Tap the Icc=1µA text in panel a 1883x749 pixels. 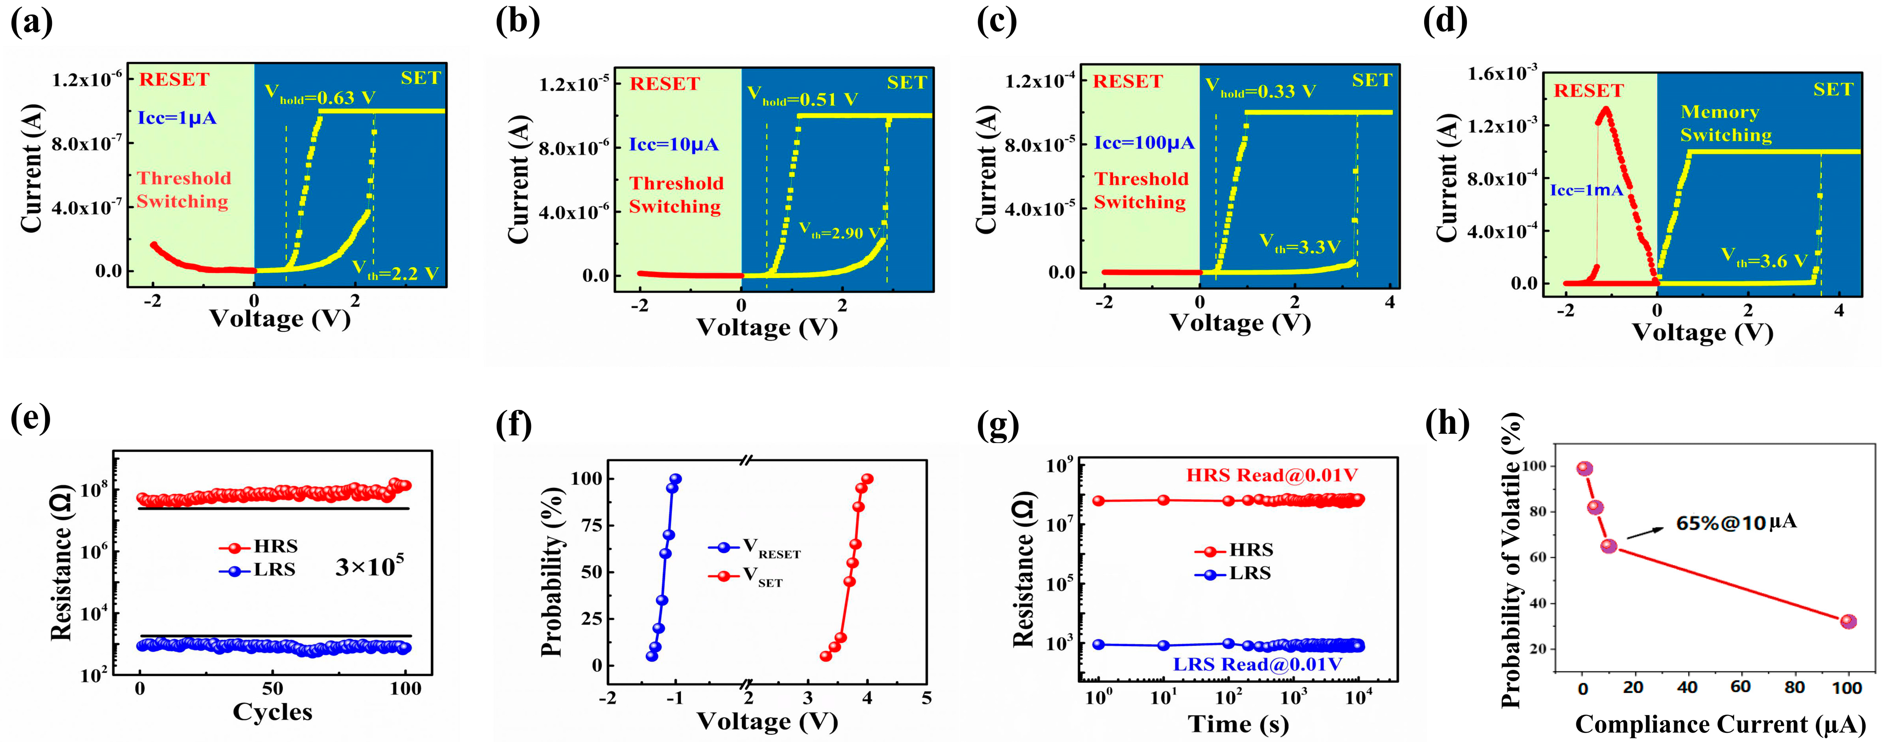[x=177, y=118]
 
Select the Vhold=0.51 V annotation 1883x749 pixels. [x=802, y=99]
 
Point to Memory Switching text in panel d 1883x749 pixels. [x=1726, y=124]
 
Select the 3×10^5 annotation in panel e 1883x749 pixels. [x=370, y=566]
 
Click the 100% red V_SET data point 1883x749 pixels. [x=867, y=479]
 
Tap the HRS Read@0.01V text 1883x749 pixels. [x=1271, y=476]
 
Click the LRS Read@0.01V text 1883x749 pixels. [x=1257, y=664]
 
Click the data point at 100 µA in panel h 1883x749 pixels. [x=1848, y=622]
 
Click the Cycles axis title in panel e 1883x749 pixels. [x=272, y=712]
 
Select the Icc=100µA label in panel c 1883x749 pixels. [x=1144, y=142]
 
